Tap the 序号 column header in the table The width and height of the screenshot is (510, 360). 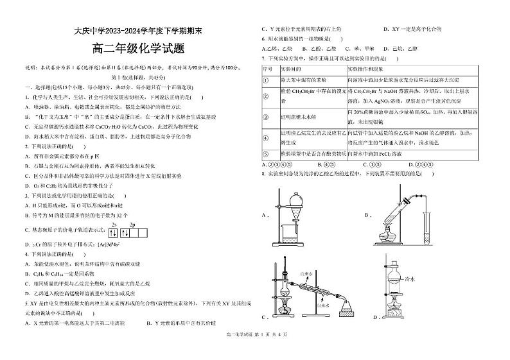(268, 68)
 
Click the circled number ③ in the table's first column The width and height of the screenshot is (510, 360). (266, 117)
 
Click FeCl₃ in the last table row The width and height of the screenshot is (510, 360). (385, 154)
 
